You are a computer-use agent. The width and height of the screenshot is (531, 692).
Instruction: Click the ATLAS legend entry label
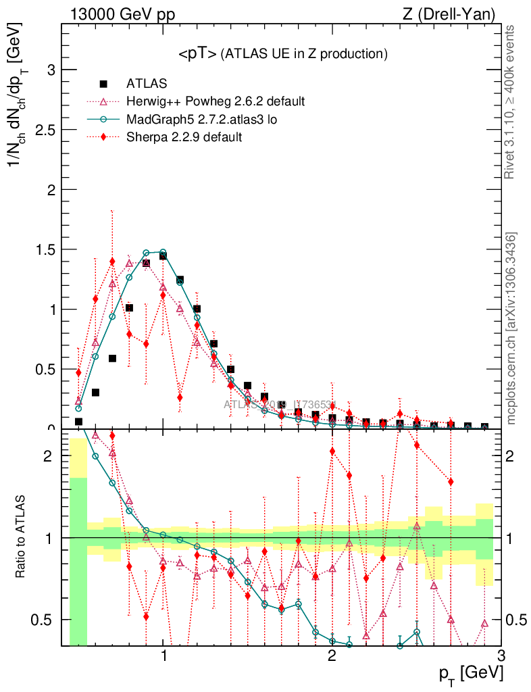tap(147, 84)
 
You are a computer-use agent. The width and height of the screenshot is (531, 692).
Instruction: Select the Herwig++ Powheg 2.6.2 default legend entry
tap(216, 101)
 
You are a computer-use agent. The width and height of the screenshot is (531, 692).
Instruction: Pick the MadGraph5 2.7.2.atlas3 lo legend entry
tap(202, 120)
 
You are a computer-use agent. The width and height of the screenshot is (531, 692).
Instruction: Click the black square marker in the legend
tap(103, 84)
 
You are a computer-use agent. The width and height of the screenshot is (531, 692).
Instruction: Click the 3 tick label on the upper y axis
tap(51, 70)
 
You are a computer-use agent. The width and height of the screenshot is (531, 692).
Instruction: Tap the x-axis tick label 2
tap(332, 656)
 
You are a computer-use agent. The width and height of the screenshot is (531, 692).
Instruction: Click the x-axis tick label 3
tap(500, 656)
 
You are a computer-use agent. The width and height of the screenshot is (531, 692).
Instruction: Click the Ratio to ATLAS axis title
tap(21, 537)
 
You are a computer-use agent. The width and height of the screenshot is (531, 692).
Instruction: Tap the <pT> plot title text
tap(282, 53)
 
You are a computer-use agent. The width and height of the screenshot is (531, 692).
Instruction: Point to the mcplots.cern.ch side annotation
tap(511, 328)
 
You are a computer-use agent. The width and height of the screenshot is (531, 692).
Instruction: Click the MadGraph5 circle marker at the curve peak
tap(163, 252)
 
